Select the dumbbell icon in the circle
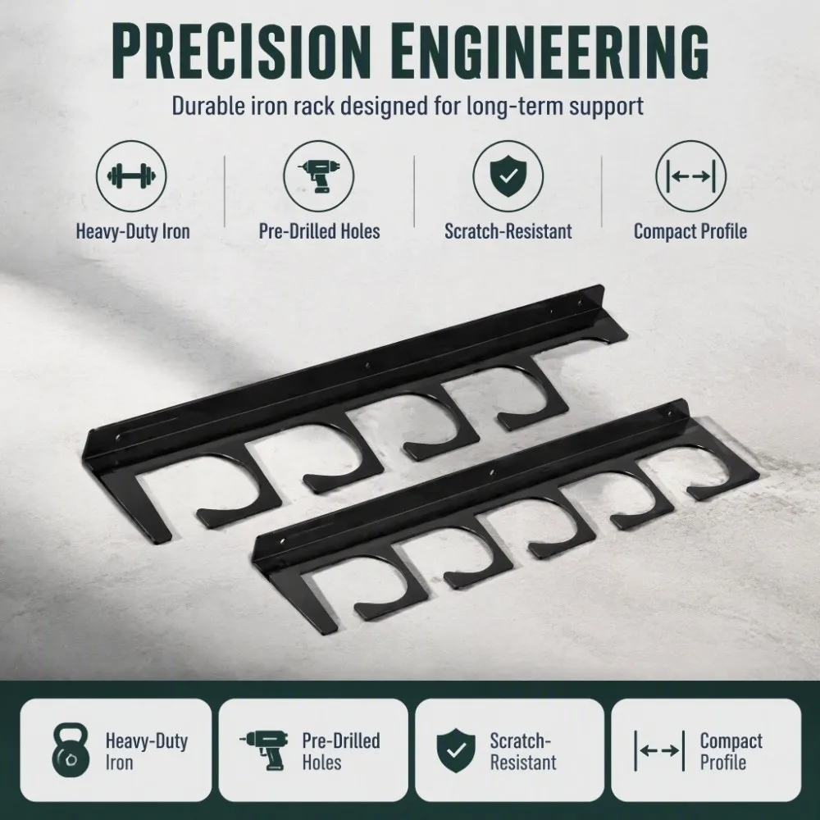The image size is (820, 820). coord(131,176)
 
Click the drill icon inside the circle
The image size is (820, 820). coord(319,176)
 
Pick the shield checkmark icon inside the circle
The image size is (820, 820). coord(508,176)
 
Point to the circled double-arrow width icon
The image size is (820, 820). coord(690,176)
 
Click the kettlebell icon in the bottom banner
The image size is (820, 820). coord(71,750)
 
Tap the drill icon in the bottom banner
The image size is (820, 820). coord(265,751)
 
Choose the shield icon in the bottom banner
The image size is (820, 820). coord(456,751)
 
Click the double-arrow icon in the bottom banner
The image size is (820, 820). coord(659,751)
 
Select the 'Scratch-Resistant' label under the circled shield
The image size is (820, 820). coord(508,231)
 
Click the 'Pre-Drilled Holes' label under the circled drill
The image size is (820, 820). coord(319,231)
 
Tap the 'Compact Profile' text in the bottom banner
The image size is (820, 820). coord(731,751)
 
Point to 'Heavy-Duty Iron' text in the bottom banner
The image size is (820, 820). coord(147,751)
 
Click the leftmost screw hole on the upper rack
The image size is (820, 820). coord(117,437)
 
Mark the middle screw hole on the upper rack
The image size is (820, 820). coord(367,366)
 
